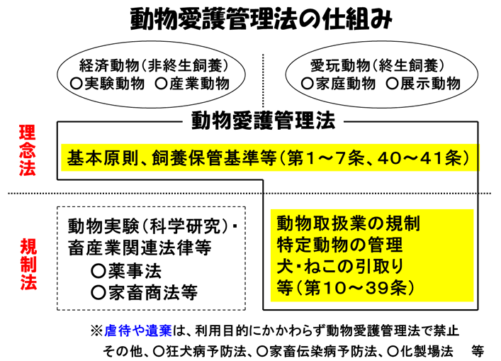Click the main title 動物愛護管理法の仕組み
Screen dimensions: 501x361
click(x=261, y=18)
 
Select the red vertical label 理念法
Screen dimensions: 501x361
click(x=27, y=150)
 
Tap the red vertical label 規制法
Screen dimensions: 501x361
click(x=28, y=264)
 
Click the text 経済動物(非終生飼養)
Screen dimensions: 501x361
click(x=154, y=65)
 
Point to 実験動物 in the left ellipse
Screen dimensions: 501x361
click(x=108, y=84)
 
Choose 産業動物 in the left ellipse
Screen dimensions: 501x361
click(x=192, y=84)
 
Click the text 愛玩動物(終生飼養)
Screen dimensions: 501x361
click(x=378, y=65)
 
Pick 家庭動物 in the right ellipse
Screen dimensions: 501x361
click(x=338, y=84)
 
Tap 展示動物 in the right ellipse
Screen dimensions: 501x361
click(x=423, y=84)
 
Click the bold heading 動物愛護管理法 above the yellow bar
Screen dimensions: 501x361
click(x=264, y=121)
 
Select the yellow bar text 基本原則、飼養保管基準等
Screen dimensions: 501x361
click(x=171, y=157)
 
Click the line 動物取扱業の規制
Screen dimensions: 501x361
click(x=348, y=223)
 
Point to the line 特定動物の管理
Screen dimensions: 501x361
click(x=339, y=245)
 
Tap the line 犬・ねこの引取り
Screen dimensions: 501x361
click(x=341, y=266)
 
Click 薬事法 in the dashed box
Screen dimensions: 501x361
click(x=127, y=271)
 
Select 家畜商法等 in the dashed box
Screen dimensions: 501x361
click(x=145, y=292)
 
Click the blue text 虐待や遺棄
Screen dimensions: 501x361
click(x=138, y=331)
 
